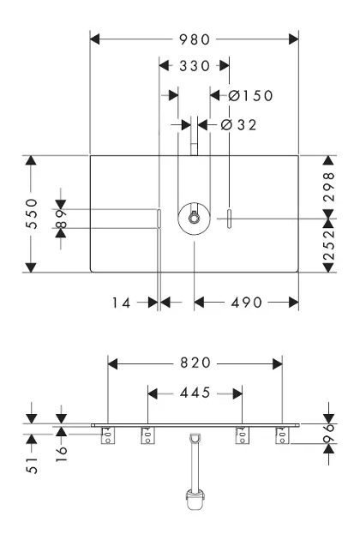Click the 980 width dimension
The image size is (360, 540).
195,39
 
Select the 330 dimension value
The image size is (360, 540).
195,66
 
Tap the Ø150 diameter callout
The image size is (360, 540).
251,96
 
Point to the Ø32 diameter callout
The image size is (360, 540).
239,125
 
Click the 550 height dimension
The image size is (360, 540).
32,213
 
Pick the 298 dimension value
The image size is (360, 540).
329,187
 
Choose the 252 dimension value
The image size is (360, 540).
329,245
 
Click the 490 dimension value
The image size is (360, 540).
247,303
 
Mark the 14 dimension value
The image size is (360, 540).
121,303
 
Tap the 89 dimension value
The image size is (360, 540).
62,219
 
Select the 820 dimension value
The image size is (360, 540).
195,363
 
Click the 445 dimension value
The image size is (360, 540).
195,393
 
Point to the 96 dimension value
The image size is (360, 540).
330,433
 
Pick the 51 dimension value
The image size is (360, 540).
32,465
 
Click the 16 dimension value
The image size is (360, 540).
62,453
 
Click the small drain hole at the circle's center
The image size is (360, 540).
194,218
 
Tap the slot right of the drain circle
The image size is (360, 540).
229,219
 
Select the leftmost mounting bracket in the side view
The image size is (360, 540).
108,435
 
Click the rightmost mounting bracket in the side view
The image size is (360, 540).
282,435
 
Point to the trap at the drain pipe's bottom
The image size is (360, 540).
195,499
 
